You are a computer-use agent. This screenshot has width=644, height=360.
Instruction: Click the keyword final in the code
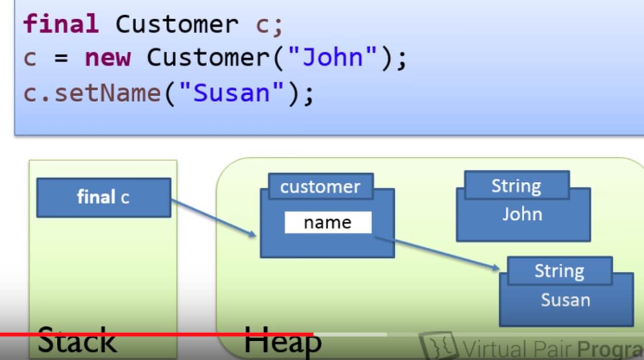pyautogui.click(x=61, y=24)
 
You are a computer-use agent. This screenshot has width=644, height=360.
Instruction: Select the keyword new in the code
pyautogui.click(x=107, y=58)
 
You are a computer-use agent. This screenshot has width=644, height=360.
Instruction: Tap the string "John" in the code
pyautogui.click(x=333, y=58)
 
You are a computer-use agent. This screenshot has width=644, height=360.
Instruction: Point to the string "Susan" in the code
pyautogui.click(x=232, y=93)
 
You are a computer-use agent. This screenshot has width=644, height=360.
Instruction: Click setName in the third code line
pyautogui.click(x=107, y=93)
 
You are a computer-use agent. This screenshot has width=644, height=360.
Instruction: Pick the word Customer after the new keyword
pyautogui.click(x=209, y=58)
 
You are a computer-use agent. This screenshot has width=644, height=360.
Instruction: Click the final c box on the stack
pyautogui.click(x=103, y=197)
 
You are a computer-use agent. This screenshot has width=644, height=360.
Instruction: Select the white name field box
pyautogui.click(x=328, y=223)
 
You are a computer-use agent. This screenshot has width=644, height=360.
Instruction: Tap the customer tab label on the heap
pyautogui.click(x=320, y=187)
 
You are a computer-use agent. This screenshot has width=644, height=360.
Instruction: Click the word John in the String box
pyautogui.click(x=522, y=215)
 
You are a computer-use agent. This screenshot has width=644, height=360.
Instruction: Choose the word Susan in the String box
pyautogui.click(x=565, y=300)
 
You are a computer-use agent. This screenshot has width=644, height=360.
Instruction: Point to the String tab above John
pyautogui.click(x=516, y=186)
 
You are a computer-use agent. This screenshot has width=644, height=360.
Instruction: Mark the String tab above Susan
pyautogui.click(x=559, y=271)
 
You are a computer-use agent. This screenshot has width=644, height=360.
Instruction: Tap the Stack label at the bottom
pyautogui.click(x=77, y=340)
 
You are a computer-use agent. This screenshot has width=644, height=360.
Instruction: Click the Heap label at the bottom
pyautogui.click(x=282, y=340)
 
